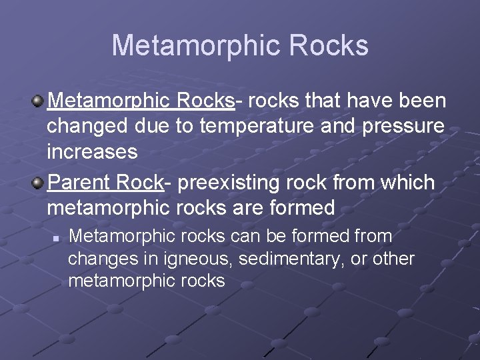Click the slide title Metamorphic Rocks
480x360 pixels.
point(240,46)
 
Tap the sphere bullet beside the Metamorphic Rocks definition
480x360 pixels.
point(39,101)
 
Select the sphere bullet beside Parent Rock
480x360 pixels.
point(39,183)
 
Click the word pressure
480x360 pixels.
point(403,127)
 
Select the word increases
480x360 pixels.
point(92,152)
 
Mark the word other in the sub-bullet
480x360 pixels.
point(393,259)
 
